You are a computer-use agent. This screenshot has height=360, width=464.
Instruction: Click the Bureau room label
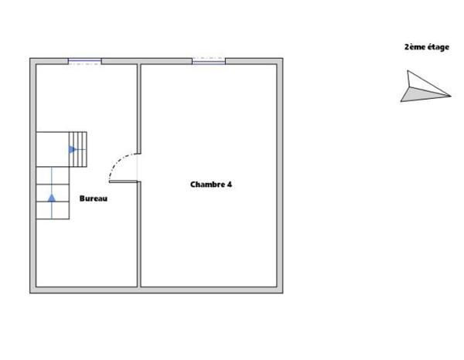click(94, 199)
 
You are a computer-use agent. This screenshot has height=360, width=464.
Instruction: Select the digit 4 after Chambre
click(230, 185)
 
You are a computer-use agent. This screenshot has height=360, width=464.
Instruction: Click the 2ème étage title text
click(427, 47)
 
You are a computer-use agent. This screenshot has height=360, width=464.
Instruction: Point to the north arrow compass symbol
click(425, 86)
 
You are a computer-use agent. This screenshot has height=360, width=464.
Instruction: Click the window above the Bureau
click(85, 62)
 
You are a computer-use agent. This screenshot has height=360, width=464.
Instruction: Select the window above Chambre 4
click(209, 61)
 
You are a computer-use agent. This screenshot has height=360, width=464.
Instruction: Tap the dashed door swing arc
click(121, 166)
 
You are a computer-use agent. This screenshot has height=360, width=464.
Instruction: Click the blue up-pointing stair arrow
click(52, 198)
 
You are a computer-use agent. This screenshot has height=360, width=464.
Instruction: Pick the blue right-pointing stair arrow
click(73, 150)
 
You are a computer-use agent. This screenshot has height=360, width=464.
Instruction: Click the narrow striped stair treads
click(78, 149)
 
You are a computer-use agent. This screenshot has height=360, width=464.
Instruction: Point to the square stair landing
click(53, 149)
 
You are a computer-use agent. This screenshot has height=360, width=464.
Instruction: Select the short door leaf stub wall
click(124, 182)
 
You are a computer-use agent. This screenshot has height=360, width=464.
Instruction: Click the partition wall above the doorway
click(138, 109)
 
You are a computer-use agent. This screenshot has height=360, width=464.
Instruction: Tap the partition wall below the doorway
click(138, 234)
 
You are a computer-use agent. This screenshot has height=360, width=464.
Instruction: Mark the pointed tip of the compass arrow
click(451, 96)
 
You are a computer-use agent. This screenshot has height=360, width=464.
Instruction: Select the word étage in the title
click(438, 47)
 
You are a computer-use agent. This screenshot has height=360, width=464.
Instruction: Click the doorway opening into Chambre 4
click(138, 168)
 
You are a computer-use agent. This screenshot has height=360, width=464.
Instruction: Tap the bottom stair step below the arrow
click(53, 210)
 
